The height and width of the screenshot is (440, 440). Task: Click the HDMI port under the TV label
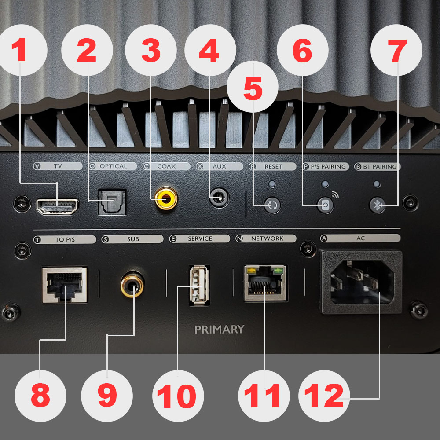click(x=57, y=207)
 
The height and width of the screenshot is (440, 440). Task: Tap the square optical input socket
click(x=112, y=202)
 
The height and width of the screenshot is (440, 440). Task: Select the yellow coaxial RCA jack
click(x=166, y=198)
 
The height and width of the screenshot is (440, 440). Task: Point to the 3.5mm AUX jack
click(x=219, y=198)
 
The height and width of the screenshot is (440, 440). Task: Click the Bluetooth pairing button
click(x=377, y=205)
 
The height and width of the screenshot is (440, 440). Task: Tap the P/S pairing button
click(x=325, y=205)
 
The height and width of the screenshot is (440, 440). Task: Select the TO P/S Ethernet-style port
click(x=65, y=285)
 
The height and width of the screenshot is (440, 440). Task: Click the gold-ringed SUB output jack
click(x=132, y=285)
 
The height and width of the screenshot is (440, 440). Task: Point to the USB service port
click(x=199, y=285)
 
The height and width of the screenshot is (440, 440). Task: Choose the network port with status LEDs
click(x=265, y=283)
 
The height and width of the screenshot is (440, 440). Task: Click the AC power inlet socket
click(x=362, y=282)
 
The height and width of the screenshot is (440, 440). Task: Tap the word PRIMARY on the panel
click(x=220, y=329)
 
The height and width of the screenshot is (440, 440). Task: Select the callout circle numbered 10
click(x=178, y=396)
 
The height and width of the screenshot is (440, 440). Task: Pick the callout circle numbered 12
click(x=324, y=396)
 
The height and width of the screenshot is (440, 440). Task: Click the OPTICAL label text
click(x=114, y=166)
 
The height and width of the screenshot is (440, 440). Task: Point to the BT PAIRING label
click(x=380, y=167)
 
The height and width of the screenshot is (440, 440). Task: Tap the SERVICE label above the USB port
click(x=200, y=238)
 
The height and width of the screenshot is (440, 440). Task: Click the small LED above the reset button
click(x=272, y=184)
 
